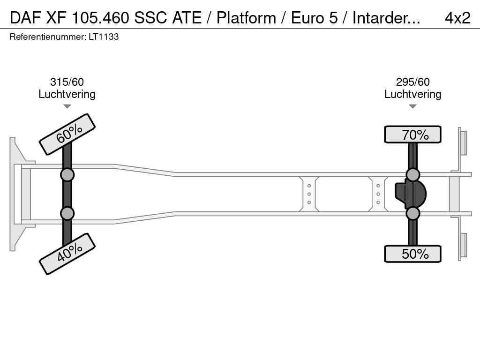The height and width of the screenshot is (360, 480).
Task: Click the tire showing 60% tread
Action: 67,135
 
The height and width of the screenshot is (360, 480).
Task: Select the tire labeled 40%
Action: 67,254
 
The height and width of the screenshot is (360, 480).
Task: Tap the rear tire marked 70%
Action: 412,135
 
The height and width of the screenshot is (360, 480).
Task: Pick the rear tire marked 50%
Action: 412,254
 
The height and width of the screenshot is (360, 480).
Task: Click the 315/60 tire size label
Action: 67,82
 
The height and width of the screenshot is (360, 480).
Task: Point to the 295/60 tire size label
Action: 412,82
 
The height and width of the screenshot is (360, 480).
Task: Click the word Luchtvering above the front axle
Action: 67,94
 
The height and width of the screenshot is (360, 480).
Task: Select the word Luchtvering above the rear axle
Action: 412,94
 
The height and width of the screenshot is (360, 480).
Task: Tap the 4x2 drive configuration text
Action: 457,18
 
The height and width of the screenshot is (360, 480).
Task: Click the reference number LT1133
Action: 104,37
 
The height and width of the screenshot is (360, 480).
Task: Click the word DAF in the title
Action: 25,18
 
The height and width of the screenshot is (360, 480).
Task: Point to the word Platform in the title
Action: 246,18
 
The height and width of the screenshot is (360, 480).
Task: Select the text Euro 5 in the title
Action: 314,18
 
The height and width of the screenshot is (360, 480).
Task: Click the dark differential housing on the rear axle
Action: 410,194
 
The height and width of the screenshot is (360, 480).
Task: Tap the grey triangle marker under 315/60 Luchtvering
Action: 67,106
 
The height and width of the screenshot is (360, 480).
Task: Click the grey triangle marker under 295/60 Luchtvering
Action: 412,106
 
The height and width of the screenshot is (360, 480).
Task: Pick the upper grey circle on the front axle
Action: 67,175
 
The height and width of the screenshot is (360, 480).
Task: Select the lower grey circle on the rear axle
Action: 412,213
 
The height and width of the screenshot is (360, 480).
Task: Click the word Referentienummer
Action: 48,37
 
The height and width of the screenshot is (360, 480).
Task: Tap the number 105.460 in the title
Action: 100,18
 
